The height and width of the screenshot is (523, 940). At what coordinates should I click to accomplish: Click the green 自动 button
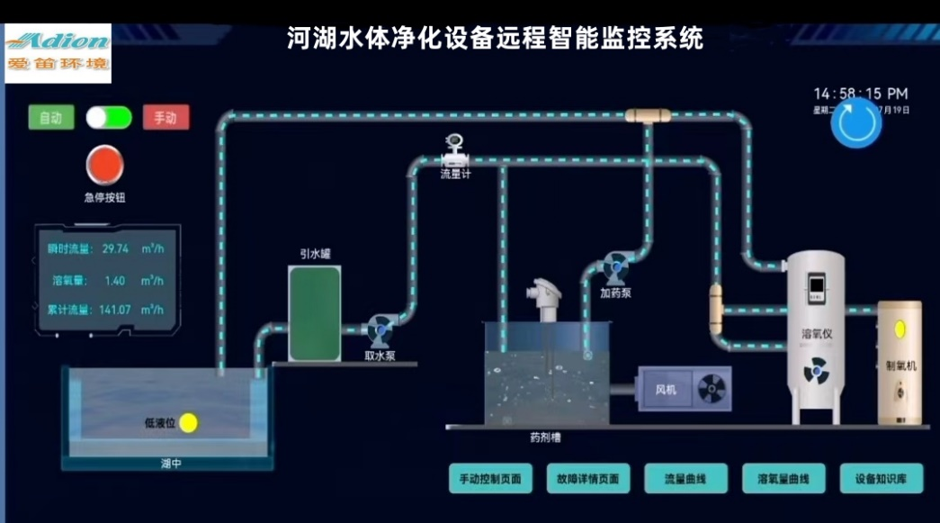(50, 118)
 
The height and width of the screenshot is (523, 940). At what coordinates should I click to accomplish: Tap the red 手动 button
(166, 118)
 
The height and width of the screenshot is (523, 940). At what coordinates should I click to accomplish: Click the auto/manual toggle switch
(109, 118)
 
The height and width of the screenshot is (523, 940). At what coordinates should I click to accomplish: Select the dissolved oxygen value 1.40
(115, 280)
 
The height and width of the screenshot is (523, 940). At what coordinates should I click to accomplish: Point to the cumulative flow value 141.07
(115, 310)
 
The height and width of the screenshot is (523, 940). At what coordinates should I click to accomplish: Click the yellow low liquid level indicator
(188, 421)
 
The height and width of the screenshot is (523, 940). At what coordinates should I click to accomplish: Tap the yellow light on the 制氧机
(899, 329)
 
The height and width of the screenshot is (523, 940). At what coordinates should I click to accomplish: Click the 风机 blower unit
(685, 389)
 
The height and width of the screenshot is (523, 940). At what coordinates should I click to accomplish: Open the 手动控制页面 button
(490, 479)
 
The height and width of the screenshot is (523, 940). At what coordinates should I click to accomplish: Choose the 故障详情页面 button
(588, 479)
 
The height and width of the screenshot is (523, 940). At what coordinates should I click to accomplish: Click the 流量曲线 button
(685, 479)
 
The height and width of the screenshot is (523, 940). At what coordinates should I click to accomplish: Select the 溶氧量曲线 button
(783, 479)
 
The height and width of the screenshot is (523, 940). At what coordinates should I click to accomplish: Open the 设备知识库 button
(882, 479)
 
